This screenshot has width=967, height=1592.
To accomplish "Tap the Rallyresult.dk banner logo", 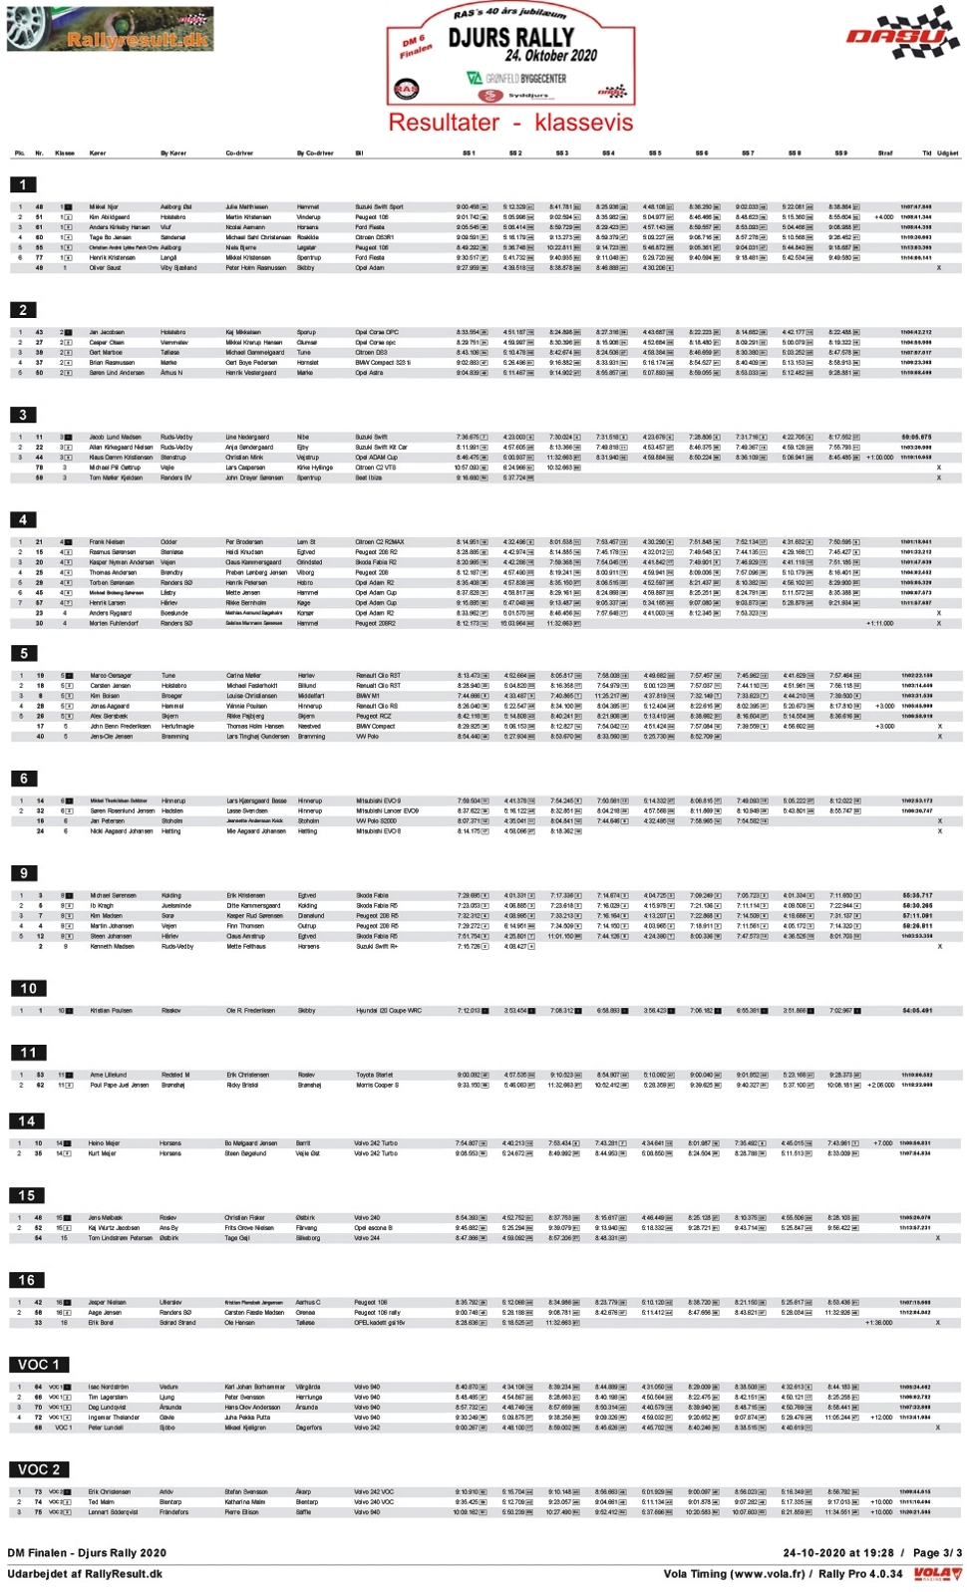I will pos(110,30).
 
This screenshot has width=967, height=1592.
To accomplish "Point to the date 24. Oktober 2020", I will pos(550,57).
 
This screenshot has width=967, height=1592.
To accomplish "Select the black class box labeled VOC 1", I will pos(39,1364).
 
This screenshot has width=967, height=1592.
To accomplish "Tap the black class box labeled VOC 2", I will pos(39,1468).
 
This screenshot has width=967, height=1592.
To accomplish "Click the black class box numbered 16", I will pos(26,1280).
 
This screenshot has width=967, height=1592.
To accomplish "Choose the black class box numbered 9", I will pos(24,872).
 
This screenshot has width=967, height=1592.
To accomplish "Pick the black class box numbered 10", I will pos(28,988).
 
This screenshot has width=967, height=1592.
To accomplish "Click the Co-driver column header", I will pos(239,154).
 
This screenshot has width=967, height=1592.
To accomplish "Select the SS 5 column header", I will pos(654,154).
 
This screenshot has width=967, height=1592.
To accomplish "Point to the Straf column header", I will pos(884,154).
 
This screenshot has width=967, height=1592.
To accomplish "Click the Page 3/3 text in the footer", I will pos(937,1552).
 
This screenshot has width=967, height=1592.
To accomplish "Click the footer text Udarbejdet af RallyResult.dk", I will pos(85,1574).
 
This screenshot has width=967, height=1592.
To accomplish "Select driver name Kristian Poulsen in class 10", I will pos(111,1010).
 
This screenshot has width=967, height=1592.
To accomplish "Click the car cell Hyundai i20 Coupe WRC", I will pos(389,1010).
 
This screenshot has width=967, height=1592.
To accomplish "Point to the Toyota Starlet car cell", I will pos(375,1075).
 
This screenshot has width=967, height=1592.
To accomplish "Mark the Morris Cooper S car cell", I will pos(377,1085).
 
